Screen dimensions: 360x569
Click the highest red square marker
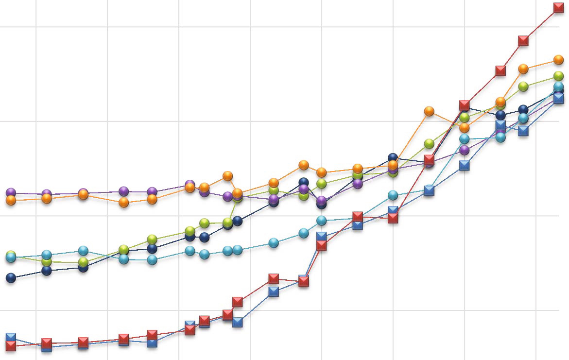[559, 7]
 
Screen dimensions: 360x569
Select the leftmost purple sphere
[11, 193]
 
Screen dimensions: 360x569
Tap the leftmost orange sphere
[11, 200]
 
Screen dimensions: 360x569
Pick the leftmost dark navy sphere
[11, 278]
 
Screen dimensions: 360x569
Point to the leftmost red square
[11, 346]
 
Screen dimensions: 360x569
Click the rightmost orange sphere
[559, 60]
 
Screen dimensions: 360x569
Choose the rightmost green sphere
[559, 76]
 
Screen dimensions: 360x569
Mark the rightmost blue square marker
[559, 98]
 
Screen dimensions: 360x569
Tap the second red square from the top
[523, 40]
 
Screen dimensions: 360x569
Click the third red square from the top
[500, 71]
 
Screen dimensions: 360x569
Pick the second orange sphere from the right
[523, 69]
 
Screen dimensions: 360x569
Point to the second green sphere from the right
[523, 86]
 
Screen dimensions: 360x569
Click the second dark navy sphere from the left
[47, 271]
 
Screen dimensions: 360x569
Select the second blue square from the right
[523, 131]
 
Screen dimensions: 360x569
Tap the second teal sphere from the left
[47, 255]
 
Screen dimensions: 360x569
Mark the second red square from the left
[47, 343]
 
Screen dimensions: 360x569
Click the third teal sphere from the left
[84, 251]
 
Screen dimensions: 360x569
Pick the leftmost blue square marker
[11, 337]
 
